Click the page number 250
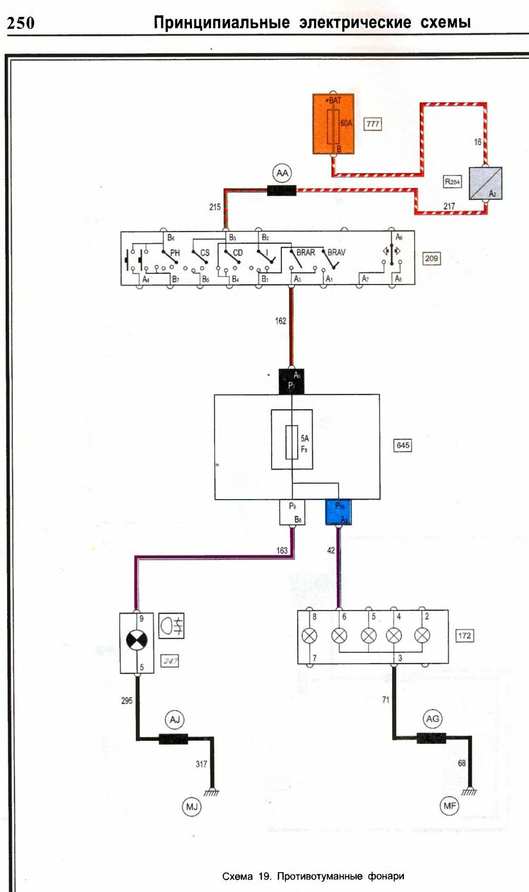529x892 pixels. pyautogui.click(x=21, y=23)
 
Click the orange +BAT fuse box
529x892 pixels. pyautogui.click(x=333, y=124)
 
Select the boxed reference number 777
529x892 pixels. pyautogui.click(x=373, y=124)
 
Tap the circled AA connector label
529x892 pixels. pyautogui.click(x=282, y=173)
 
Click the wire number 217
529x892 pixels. pyautogui.click(x=449, y=206)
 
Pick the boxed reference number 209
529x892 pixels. pyautogui.click(x=431, y=259)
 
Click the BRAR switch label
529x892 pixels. pyautogui.click(x=305, y=252)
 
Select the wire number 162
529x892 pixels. pyautogui.click(x=280, y=321)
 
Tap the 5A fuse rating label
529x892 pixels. pyautogui.click(x=305, y=438)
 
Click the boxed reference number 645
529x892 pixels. pyautogui.click(x=403, y=445)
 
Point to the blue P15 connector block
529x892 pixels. pyautogui.click(x=339, y=512)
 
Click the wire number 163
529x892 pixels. pyautogui.click(x=282, y=550)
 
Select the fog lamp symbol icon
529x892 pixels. pyautogui.click(x=172, y=625)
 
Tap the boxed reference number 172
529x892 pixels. pyautogui.click(x=464, y=636)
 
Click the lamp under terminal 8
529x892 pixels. pyautogui.click(x=309, y=636)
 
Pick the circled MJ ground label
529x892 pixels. pyautogui.click(x=191, y=807)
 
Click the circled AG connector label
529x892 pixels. pyautogui.click(x=432, y=719)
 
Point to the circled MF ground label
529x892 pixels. pyautogui.click(x=449, y=806)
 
